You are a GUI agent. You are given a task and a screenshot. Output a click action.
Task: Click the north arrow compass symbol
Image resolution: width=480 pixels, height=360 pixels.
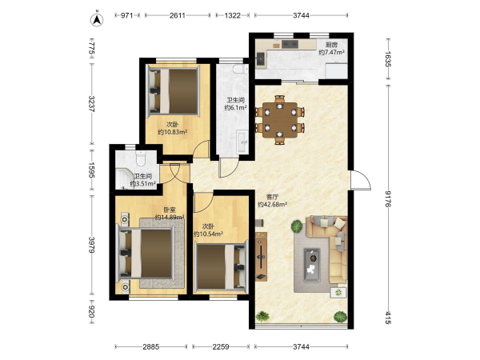tap(97, 19)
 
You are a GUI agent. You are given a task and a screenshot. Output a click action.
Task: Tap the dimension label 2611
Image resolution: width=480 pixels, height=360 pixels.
tap(178, 15)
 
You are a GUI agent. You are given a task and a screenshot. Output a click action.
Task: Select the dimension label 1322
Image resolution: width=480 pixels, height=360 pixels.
tap(233, 15)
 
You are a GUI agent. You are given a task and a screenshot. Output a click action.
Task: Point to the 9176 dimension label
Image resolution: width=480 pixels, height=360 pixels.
tap(388, 198)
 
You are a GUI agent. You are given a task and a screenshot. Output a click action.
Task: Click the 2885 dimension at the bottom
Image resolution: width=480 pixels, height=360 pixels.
tap(151, 347)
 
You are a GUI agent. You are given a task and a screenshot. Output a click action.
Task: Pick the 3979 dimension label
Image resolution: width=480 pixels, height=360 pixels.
tap(91, 245)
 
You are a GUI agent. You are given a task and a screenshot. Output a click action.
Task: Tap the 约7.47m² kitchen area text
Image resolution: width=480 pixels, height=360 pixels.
tap(332, 52)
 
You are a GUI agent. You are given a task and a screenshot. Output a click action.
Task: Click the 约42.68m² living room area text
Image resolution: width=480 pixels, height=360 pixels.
tap(273, 205)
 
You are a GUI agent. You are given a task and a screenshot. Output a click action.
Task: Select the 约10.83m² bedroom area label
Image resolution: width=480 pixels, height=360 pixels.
tap(173, 132)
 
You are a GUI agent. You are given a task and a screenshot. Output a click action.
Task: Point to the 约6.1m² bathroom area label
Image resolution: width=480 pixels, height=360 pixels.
tap(236, 108)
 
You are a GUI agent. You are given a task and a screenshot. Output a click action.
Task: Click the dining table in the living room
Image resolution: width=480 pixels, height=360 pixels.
tap(280, 120)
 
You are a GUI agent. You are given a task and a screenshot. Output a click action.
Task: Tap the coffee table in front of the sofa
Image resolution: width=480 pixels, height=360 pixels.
tap(312, 265)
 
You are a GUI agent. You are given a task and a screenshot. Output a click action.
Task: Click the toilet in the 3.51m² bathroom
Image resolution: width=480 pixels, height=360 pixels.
tap(141, 158)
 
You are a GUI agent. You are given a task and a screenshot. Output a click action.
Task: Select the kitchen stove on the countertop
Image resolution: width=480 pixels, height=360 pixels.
tap(290, 44)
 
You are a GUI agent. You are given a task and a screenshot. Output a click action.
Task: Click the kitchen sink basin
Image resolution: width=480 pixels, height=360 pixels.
tap(261, 58)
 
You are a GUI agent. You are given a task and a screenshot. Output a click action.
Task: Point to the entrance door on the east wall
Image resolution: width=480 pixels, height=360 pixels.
tap(361, 180)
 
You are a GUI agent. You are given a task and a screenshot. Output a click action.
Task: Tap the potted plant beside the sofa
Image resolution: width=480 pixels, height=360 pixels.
tap(297, 227)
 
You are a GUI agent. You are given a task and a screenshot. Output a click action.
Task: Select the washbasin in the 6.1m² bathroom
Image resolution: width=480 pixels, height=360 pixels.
tap(243, 141)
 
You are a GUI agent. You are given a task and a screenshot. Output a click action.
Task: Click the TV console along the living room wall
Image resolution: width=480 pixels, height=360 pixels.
tap(261, 257)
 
